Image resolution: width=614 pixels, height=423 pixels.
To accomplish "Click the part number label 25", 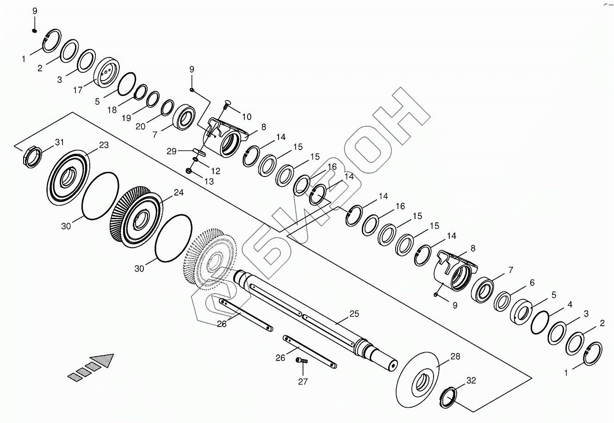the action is point(354,314).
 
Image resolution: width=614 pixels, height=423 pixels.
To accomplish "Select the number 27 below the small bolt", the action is point(303,382).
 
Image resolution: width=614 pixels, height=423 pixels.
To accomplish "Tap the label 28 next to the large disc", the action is point(455,356).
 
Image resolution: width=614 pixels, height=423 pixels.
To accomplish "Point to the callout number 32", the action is point(471,381).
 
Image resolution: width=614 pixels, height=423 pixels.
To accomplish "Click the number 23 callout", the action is point(104,145).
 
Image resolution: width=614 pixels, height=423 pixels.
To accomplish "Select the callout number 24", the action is point(179,192).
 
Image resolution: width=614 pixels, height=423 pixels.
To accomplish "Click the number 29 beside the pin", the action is point(171,152).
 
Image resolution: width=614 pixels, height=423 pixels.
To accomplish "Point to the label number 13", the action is point(209,182).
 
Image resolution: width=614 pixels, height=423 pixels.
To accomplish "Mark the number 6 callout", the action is point(532,282).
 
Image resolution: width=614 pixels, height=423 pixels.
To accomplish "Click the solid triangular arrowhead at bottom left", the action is point(103,360).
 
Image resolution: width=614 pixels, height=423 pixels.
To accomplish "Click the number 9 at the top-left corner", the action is point(35,11).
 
